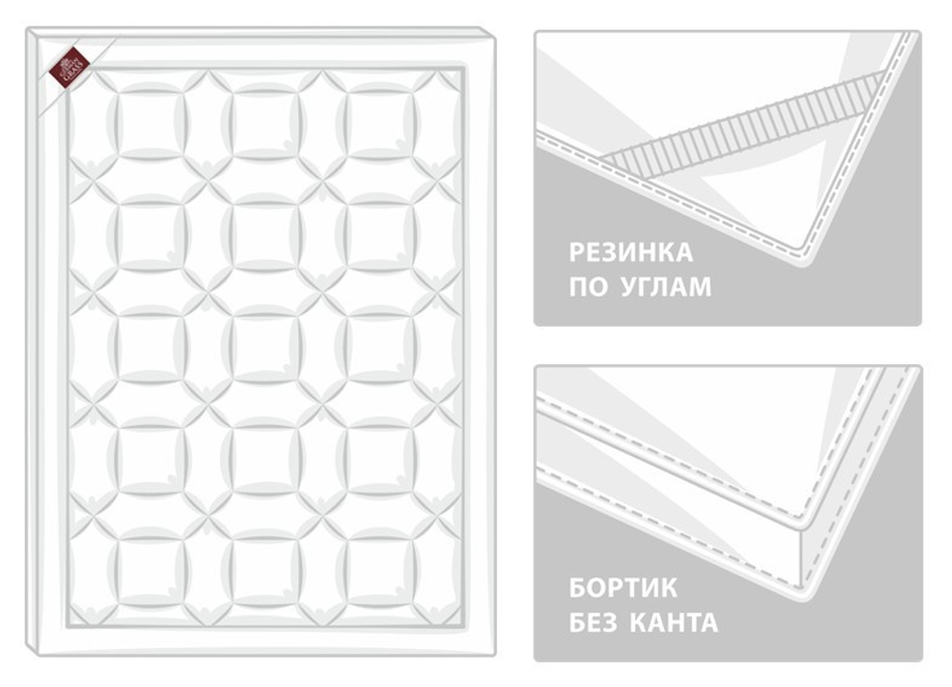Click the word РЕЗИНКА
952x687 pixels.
click(x=631, y=253)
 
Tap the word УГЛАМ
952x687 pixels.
click(x=665, y=288)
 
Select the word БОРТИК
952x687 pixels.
click(x=624, y=588)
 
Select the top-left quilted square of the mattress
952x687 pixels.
click(x=150, y=123)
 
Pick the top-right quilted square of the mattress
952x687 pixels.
click(x=378, y=123)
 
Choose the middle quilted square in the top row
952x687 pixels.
click(x=264, y=123)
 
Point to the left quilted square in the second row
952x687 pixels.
click(x=150, y=233)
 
